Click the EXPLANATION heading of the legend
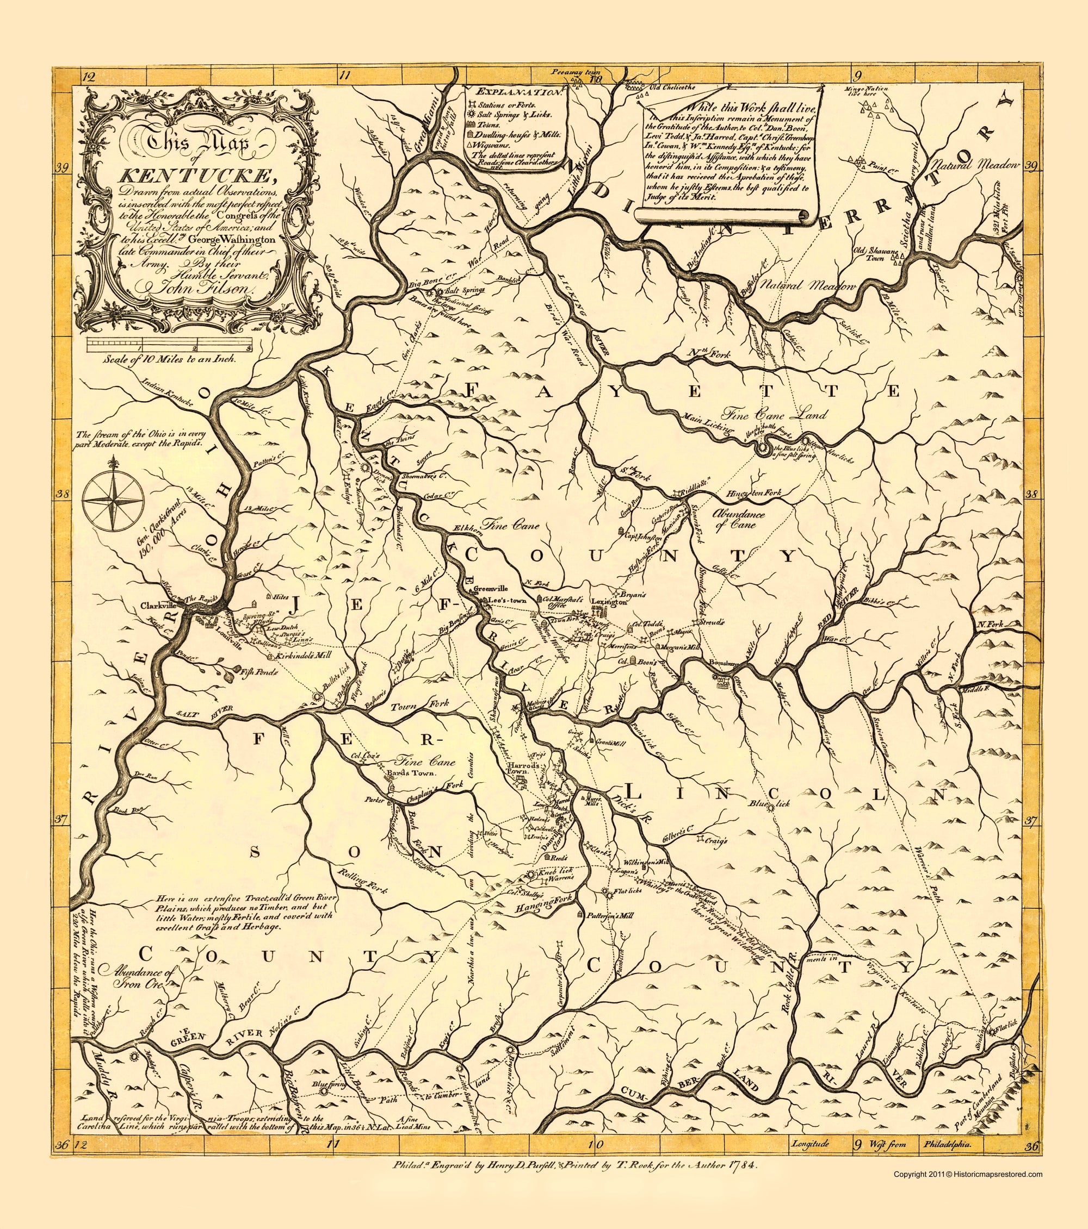point(517,92)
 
